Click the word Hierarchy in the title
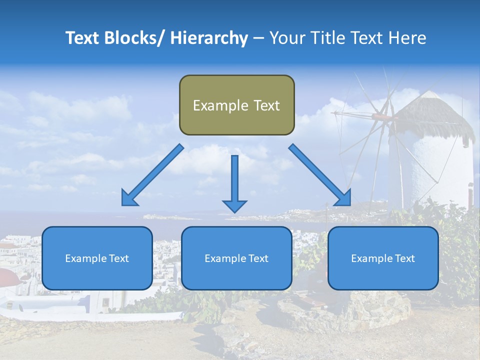209,38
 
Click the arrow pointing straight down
234,185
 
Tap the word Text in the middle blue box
258,258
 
